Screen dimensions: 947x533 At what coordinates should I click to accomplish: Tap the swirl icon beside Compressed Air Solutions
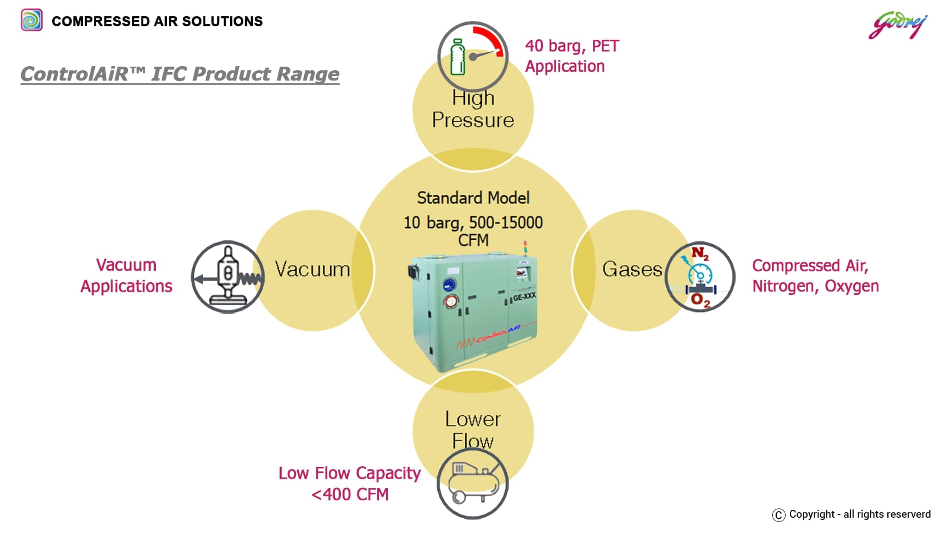click(x=32, y=20)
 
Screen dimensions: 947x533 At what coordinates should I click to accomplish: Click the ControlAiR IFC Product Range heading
click(x=180, y=74)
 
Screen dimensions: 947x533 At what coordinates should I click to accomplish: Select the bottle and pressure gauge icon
click(x=473, y=56)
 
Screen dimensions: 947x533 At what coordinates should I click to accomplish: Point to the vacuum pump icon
click(x=228, y=277)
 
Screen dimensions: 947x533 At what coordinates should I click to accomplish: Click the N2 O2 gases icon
click(x=700, y=277)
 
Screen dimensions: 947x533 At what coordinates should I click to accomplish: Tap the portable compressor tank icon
click(x=473, y=483)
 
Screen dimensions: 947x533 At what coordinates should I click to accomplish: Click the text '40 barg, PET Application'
click(x=572, y=56)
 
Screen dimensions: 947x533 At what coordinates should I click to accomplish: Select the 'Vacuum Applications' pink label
click(x=126, y=276)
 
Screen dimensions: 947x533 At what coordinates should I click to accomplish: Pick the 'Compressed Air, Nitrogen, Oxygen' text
click(x=815, y=276)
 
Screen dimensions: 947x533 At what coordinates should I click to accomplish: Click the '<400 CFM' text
click(x=350, y=495)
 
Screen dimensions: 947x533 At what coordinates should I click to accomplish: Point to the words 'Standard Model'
click(x=473, y=198)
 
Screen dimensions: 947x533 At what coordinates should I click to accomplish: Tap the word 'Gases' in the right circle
click(x=632, y=269)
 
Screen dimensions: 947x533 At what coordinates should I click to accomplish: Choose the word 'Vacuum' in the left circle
click(x=312, y=269)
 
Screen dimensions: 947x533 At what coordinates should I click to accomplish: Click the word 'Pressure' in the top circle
click(x=473, y=120)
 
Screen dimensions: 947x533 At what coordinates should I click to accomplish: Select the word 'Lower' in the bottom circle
click(x=473, y=419)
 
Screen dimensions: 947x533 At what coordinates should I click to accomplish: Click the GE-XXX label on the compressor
click(x=524, y=297)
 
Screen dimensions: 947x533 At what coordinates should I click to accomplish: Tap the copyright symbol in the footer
click(x=779, y=515)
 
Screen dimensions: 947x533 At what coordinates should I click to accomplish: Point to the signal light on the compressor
click(x=525, y=247)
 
